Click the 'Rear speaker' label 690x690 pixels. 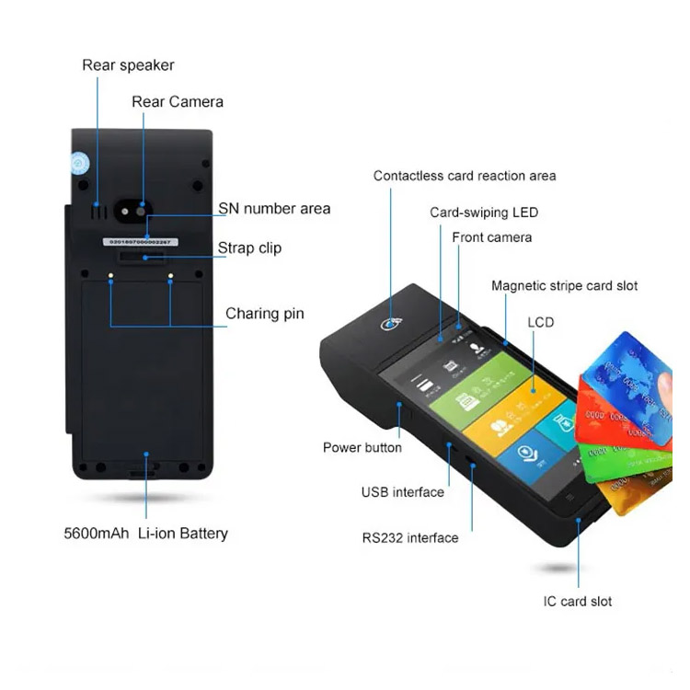128,64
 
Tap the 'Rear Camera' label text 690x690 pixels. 178,101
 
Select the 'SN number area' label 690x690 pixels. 274,209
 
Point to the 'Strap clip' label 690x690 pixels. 249,247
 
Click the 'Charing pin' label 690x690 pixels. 265,314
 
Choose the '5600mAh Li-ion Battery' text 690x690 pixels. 145,533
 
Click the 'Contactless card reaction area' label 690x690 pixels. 465,176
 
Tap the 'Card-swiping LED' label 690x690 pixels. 484,213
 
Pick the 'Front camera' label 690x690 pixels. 492,237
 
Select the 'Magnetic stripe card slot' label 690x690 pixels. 565,286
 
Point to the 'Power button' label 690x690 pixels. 362,447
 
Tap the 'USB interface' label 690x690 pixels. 402,492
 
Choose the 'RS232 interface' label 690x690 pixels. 409,537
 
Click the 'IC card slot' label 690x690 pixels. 577,602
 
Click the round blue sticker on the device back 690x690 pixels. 80,164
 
